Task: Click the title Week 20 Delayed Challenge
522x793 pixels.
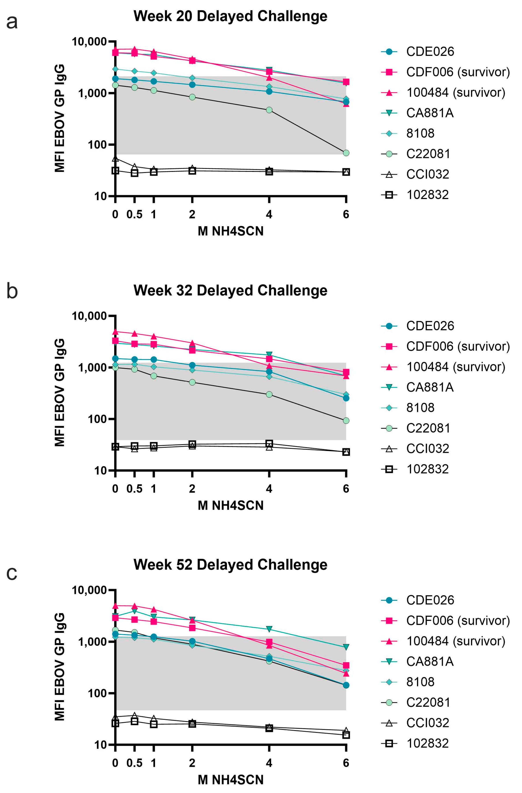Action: click(x=230, y=16)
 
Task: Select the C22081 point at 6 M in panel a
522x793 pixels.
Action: click(x=346, y=153)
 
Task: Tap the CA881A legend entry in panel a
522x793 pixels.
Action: click(x=430, y=113)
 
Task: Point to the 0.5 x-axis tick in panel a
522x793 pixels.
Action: click(x=134, y=214)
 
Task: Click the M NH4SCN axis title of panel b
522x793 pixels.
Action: click(x=230, y=505)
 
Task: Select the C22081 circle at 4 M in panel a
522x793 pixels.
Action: click(x=269, y=110)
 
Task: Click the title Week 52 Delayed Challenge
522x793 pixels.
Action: click(x=230, y=565)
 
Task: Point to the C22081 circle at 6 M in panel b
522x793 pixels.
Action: click(x=346, y=421)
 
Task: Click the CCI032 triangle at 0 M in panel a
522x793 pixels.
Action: click(x=115, y=159)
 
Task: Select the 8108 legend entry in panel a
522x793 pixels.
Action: click(x=420, y=133)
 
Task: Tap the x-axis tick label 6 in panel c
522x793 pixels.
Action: click(x=346, y=763)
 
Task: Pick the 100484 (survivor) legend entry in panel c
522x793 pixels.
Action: click(x=455, y=641)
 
